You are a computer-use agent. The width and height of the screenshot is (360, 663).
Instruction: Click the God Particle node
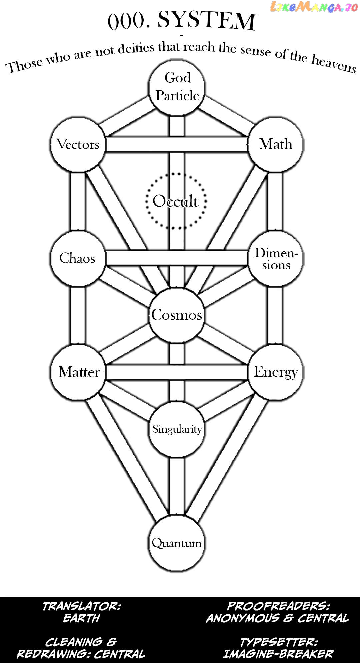177,87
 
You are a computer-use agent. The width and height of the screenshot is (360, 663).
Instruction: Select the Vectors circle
78,145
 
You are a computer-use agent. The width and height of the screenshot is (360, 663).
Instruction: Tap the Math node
276,145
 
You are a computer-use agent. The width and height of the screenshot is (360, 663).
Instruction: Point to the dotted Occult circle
176,201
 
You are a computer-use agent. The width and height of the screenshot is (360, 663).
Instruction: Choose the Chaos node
78,258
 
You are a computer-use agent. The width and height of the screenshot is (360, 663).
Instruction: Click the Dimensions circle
276,258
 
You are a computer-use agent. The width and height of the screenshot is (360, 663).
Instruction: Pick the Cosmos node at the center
177,315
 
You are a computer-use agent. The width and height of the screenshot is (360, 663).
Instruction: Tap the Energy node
276,372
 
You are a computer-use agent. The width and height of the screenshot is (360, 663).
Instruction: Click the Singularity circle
177,429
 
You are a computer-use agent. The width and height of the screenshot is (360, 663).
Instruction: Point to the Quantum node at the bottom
177,543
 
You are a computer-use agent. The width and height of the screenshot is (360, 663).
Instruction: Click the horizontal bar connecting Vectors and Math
177,145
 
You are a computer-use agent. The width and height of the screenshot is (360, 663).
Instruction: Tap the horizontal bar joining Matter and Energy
177,372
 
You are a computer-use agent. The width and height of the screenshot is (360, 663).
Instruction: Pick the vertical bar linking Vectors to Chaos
77,202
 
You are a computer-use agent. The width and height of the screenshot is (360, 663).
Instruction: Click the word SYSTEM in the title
206,21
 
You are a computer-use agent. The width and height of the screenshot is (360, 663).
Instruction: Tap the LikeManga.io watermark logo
314,7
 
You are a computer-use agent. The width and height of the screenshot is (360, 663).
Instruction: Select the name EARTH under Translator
82,618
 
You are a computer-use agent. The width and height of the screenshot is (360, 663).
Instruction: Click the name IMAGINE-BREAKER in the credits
278,654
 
